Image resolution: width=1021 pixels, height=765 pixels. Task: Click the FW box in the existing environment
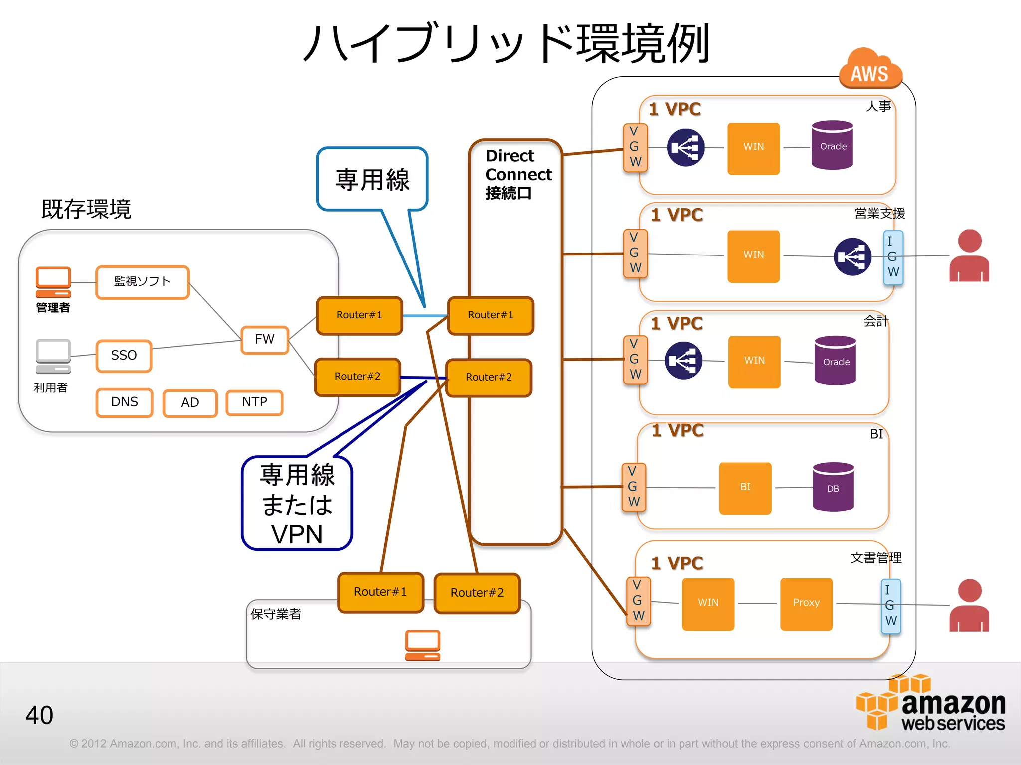tap(265, 340)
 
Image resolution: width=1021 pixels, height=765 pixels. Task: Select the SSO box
tap(124, 356)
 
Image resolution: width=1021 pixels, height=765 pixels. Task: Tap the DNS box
tap(124, 402)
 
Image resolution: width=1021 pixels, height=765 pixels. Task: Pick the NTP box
tap(254, 402)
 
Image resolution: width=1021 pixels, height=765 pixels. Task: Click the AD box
tap(190, 403)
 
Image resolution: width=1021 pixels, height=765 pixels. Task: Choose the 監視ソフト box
tap(143, 282)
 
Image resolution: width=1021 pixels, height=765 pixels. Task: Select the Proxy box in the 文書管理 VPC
tap(806, 603)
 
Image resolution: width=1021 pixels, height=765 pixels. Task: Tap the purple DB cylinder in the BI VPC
tap(833, 487)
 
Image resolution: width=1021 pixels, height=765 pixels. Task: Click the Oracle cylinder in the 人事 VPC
tap(833, 145)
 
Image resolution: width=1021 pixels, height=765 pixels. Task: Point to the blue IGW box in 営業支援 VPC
tap(893, 257)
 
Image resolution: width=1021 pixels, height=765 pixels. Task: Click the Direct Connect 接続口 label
tap(517, 174)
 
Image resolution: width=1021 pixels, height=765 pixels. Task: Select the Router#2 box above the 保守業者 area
tap(477, 593)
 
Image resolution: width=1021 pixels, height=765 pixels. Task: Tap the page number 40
tap(39, 715)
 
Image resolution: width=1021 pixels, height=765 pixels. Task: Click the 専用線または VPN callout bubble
tap(297, 503)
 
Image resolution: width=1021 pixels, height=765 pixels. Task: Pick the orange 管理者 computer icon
tap(53, 282)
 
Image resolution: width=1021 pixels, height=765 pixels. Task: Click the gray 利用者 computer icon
tap(53, 356)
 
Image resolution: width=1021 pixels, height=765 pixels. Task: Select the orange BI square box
tap(745, 488)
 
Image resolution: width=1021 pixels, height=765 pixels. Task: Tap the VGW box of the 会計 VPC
tap(635, 360)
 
